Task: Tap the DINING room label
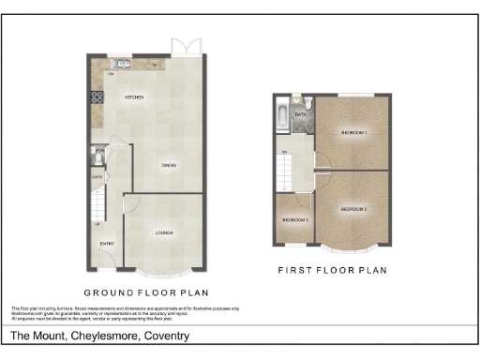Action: tap(168, 166)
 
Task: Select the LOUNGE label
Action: tap(164, 232)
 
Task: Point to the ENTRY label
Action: tap(107, 245)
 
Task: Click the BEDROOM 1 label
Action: tap(353, 134)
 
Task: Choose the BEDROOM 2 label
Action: tap(353, 207)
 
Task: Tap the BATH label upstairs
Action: tap(301, 115)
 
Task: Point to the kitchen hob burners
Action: tap(97, 97)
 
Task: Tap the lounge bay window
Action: tap(163, 271)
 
